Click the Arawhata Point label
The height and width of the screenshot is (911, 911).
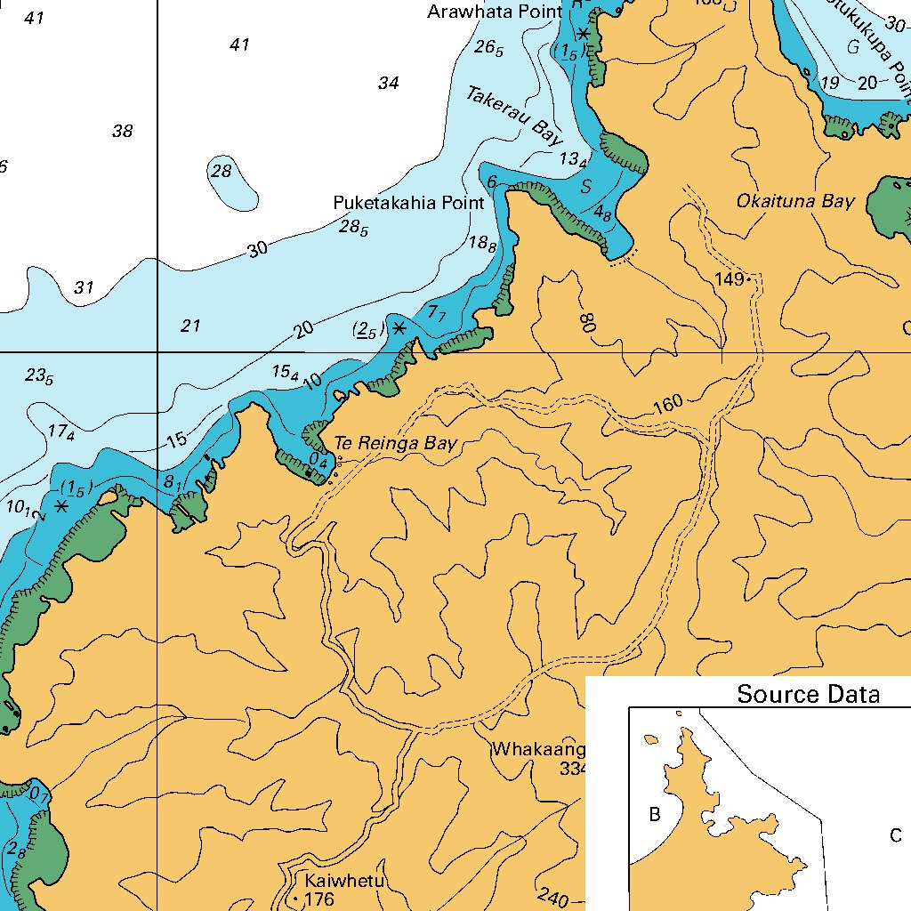pyautogui.click(x=495, y=12)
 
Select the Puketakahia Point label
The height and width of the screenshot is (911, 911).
pyautogui.click(x=408, y=203)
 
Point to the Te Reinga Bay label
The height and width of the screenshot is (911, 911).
pyautogui.click(x=395, y=443)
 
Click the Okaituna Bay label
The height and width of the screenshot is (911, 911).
pyautogui.click(x=794, y=201)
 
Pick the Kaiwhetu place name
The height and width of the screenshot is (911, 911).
pyautogui.click(x=343, y=881)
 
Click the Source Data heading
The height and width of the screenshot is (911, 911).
pyautogui.click(x=808, y=694)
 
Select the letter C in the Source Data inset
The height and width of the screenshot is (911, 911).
pyautogui.click(x=896, y=835)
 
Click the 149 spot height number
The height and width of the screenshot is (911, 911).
pyautogui.click(x=730, y=279)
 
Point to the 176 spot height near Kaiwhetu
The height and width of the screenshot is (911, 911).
pyautogui.click(x=318, y=899)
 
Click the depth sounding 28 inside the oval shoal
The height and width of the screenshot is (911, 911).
pyautogui.click(x=222, y=172)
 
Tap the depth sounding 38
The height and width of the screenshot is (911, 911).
pyautogui.click(x=122, y=132)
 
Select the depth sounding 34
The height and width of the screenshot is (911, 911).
pyautogui.click(x=388, y=84)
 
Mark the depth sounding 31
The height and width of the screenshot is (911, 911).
pyautogui.click(x=84, y=287)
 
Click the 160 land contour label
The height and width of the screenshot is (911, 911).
pyautogui.click(x=667, y=403)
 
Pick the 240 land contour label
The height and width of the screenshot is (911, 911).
pyautogui.click(x=552, y=897)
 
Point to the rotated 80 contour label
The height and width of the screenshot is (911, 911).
pyautogui.click(x=585, y=322)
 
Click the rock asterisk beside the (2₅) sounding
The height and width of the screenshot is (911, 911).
pyautogui.click(x=399, y=328)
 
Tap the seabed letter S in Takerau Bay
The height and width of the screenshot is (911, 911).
pyautogui.click(x=585, y=188)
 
